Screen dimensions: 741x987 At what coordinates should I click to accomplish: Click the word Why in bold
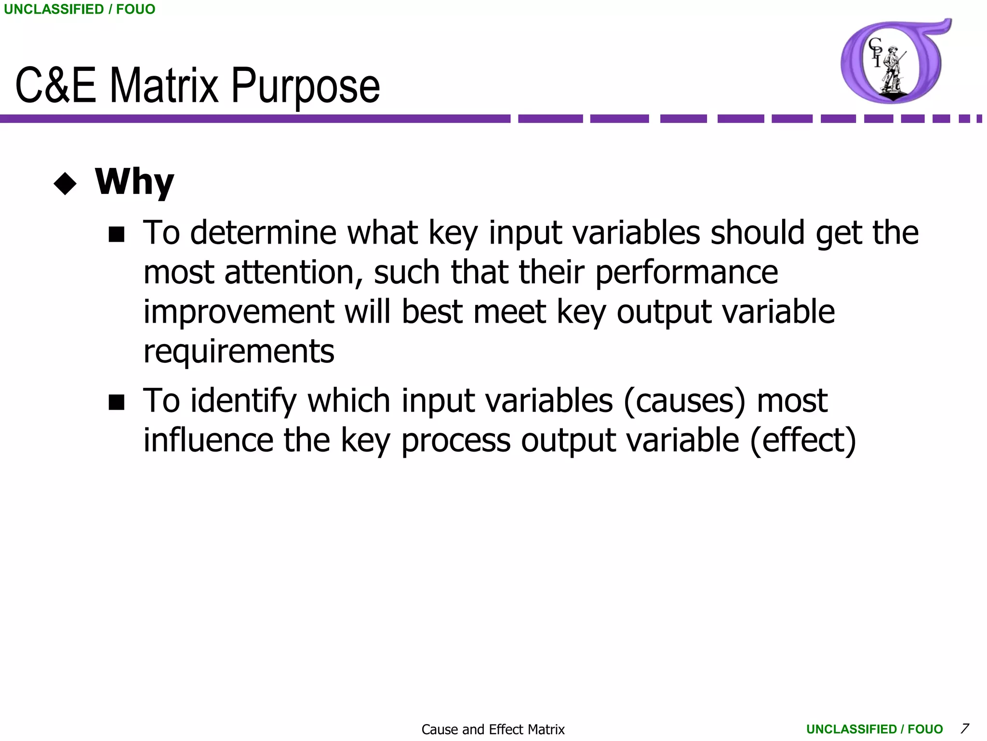134,182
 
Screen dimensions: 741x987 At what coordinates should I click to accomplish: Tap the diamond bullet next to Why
66,184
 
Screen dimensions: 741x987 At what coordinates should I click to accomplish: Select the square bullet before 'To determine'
117,235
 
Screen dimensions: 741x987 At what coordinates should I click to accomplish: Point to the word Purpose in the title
306,86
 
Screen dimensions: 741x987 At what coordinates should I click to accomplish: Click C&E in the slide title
55,86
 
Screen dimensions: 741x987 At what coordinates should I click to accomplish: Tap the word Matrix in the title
164,86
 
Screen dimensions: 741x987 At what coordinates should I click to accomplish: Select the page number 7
964,728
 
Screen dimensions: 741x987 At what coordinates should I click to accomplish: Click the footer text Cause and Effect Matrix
493,729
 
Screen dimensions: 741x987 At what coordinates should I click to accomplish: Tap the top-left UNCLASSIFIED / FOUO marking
80,9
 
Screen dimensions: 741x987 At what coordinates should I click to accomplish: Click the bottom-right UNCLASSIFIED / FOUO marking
874,729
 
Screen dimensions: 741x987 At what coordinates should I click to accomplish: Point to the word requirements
239,352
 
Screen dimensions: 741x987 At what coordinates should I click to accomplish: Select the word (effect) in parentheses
803,440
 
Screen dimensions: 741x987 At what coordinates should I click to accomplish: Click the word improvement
239,312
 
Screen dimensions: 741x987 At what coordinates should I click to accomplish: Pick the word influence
208,440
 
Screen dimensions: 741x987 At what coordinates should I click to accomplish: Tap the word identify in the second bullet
243,402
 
